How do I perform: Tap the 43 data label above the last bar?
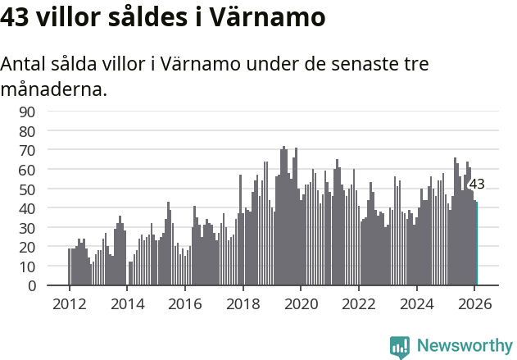tap(477, 185)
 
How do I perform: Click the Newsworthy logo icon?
tap(400, 347)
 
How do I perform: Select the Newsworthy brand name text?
tap(465, 346)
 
